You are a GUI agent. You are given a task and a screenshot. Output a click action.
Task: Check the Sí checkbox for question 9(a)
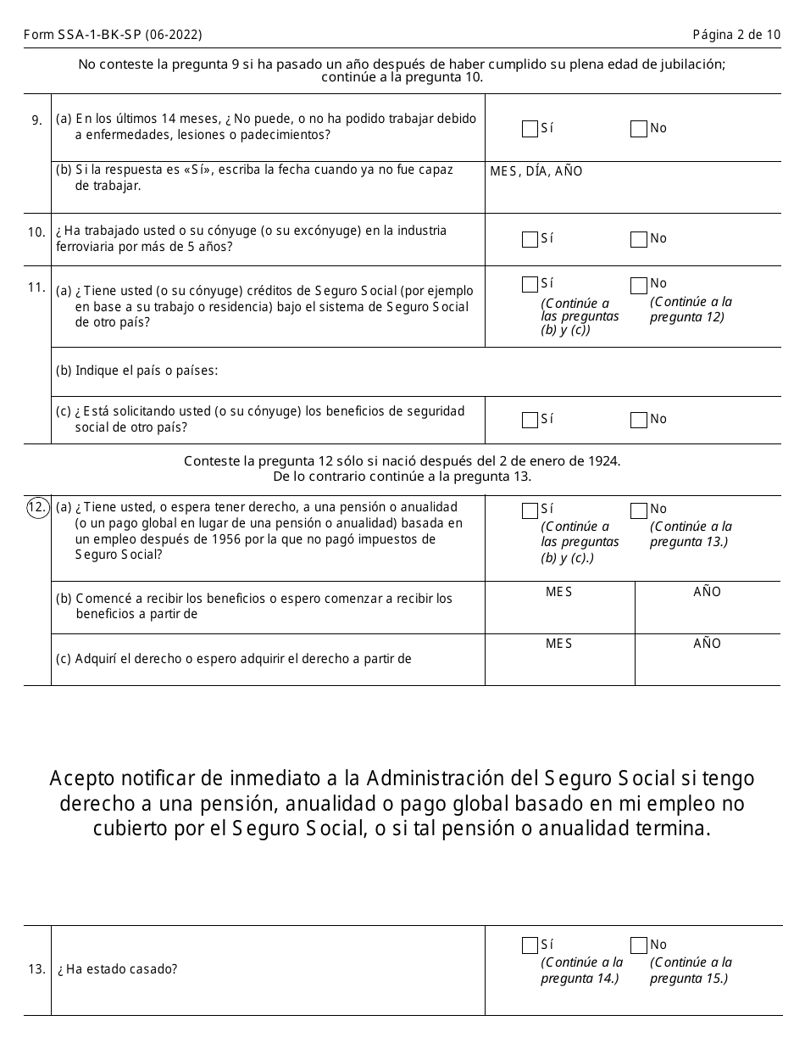click(530, 129)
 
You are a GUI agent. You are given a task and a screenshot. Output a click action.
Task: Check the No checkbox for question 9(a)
click(638, 129)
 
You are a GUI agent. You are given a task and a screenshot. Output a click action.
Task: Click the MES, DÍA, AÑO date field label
click(536, 171)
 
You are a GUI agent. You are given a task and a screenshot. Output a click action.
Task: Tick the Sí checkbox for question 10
click(530, 239)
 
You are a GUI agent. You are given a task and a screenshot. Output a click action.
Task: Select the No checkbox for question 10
click(638, 239)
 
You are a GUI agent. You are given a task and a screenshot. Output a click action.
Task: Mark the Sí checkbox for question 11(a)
click(530, 284)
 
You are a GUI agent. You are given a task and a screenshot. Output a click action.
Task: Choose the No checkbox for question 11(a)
click(638, 284)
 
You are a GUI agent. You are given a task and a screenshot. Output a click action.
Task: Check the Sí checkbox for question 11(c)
click(530, 420)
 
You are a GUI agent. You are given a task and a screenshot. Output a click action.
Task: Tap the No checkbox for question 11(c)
click(638, 420)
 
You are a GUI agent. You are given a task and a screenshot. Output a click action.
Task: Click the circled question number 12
click(37, 508)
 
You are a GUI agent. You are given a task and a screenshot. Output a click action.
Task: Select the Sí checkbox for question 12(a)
click(530, 510)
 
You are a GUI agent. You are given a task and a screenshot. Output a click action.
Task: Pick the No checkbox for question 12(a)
click(638, 510)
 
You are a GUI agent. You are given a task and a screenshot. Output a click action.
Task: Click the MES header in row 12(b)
click(558, 592)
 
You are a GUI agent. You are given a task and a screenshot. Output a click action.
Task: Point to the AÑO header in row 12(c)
click(707, 644)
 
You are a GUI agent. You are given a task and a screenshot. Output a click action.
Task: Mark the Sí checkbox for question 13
click(530, 945)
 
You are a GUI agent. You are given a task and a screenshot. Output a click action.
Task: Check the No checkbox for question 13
click(638, 945)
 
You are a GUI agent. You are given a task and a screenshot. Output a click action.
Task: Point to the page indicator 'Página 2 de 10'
click(736, 35)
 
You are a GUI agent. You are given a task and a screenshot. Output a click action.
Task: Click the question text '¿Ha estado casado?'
click(118, 969)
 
